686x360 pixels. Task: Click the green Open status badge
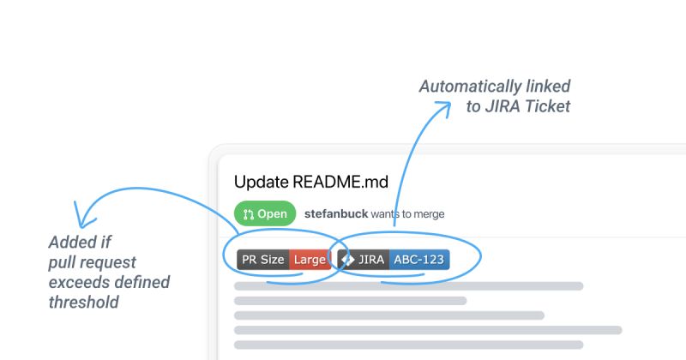(264, 213)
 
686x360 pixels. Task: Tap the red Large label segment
(309, 260)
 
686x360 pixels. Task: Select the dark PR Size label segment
(262, 260)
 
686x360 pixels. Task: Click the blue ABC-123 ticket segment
(418, 260)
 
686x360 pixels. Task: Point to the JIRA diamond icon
(347, 260)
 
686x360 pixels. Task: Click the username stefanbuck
(335, 213)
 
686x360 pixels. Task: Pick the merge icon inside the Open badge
(249, 213)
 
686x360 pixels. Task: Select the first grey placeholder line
(408, 286)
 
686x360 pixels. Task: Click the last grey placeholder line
(408, 345)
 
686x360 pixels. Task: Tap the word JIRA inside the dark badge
(371, 260)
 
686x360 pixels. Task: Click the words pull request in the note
(93, 262)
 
